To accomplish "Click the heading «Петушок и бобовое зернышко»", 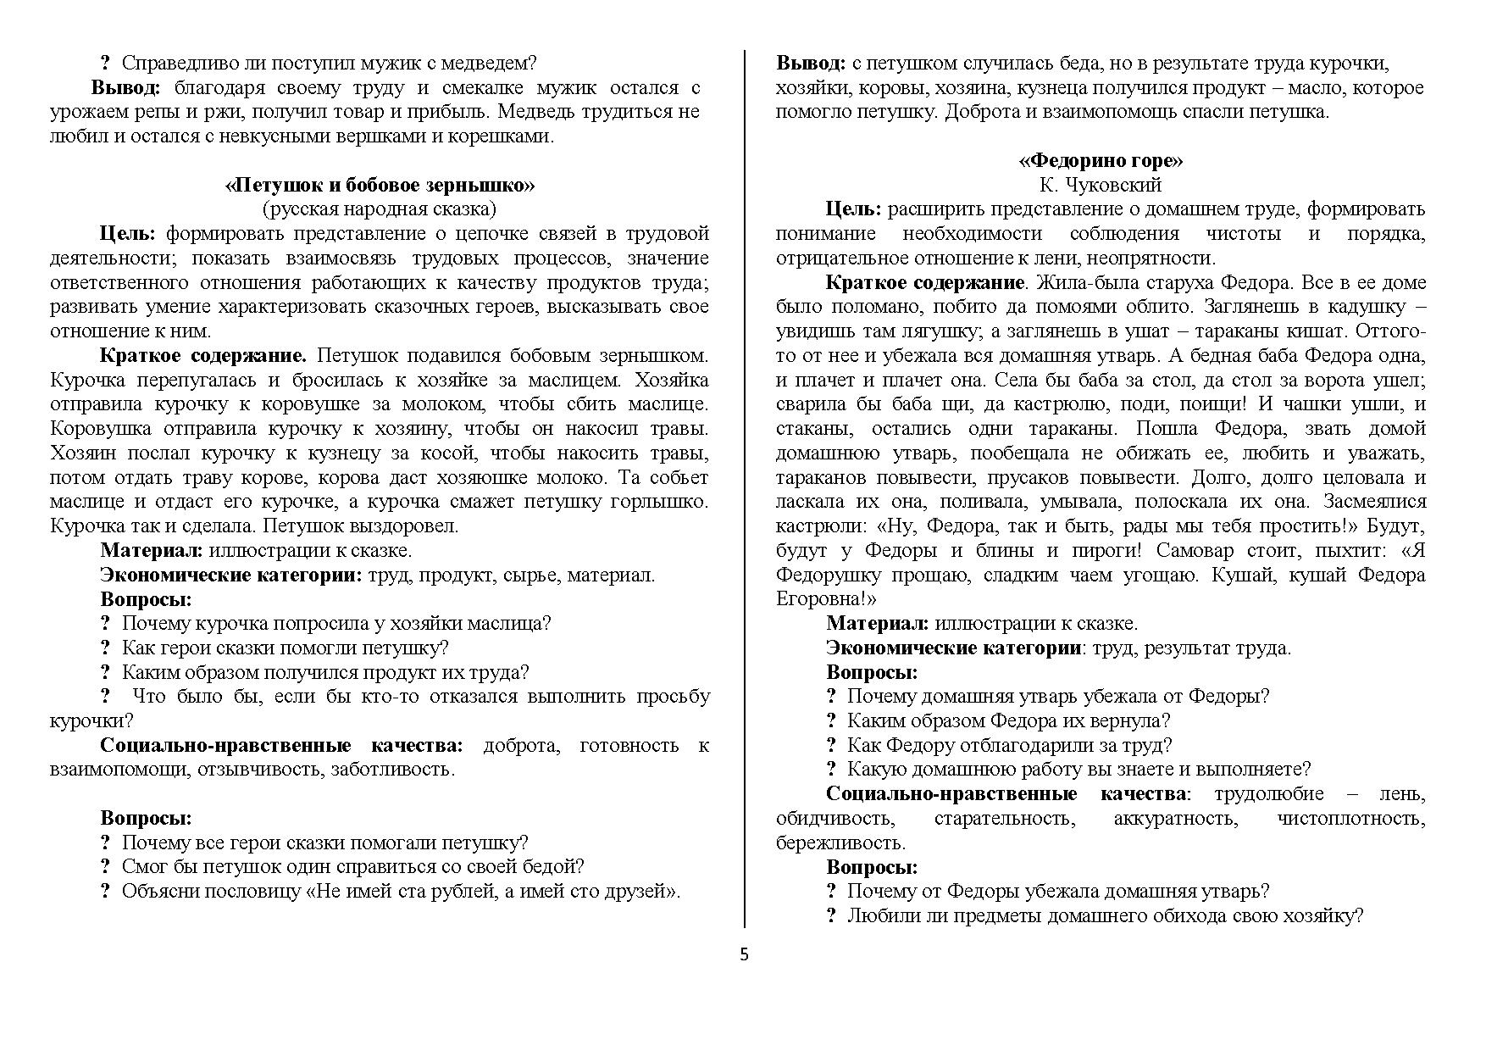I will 380,185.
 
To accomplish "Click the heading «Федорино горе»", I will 1101,160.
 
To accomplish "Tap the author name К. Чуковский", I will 1101,185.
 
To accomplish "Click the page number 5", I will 744,955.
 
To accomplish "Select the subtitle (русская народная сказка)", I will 380,209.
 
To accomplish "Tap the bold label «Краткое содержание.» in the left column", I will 203,356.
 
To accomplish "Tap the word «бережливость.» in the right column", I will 840,843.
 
